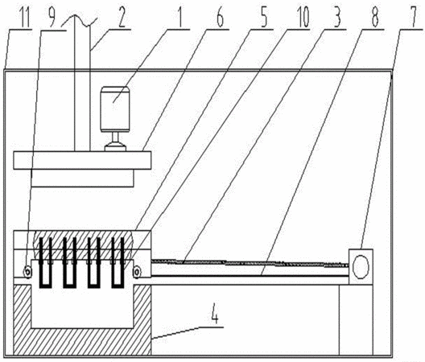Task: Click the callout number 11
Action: click(25, 18)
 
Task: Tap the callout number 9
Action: click(51, 18)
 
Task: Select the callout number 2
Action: click(122, 18)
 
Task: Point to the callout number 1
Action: click(180, 18)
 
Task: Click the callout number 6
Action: click(220, 18)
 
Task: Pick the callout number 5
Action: click(263, 18)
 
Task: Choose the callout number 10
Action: click(303, 18)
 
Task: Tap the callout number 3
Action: click(336, 18)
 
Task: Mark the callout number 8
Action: click(375, 18)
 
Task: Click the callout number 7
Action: click(414, 18)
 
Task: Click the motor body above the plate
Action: click(115, 109)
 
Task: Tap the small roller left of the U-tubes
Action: click(27, 271)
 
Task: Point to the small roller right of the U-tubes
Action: click(137, 272)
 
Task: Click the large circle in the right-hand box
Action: click(361, 266)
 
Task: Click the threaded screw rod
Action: click(250, 263)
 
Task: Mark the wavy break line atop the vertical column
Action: click(79, 21)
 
